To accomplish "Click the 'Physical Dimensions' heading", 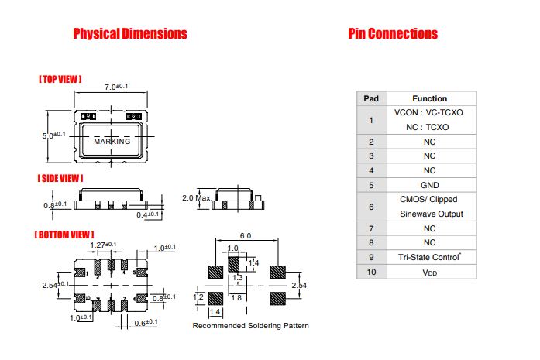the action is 130,34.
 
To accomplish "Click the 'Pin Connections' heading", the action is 393,34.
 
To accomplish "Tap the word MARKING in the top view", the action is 112,141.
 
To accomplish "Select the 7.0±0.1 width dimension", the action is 116,87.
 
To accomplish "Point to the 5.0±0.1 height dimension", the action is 53,135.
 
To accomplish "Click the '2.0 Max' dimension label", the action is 196,198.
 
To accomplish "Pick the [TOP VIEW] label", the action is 60,79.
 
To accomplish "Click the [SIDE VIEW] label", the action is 60,178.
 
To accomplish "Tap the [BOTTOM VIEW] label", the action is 64,235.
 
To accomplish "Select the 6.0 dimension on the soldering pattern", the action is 246,236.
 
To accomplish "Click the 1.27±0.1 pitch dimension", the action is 103,245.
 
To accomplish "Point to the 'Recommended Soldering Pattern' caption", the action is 251,326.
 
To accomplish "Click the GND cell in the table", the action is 429,185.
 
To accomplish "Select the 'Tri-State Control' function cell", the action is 429,257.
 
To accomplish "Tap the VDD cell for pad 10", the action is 429,273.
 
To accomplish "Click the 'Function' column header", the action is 429,98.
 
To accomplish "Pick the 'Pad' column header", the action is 371,98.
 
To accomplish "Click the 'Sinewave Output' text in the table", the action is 432,214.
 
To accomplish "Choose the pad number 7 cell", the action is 371,228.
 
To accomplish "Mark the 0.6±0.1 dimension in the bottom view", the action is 146,323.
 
